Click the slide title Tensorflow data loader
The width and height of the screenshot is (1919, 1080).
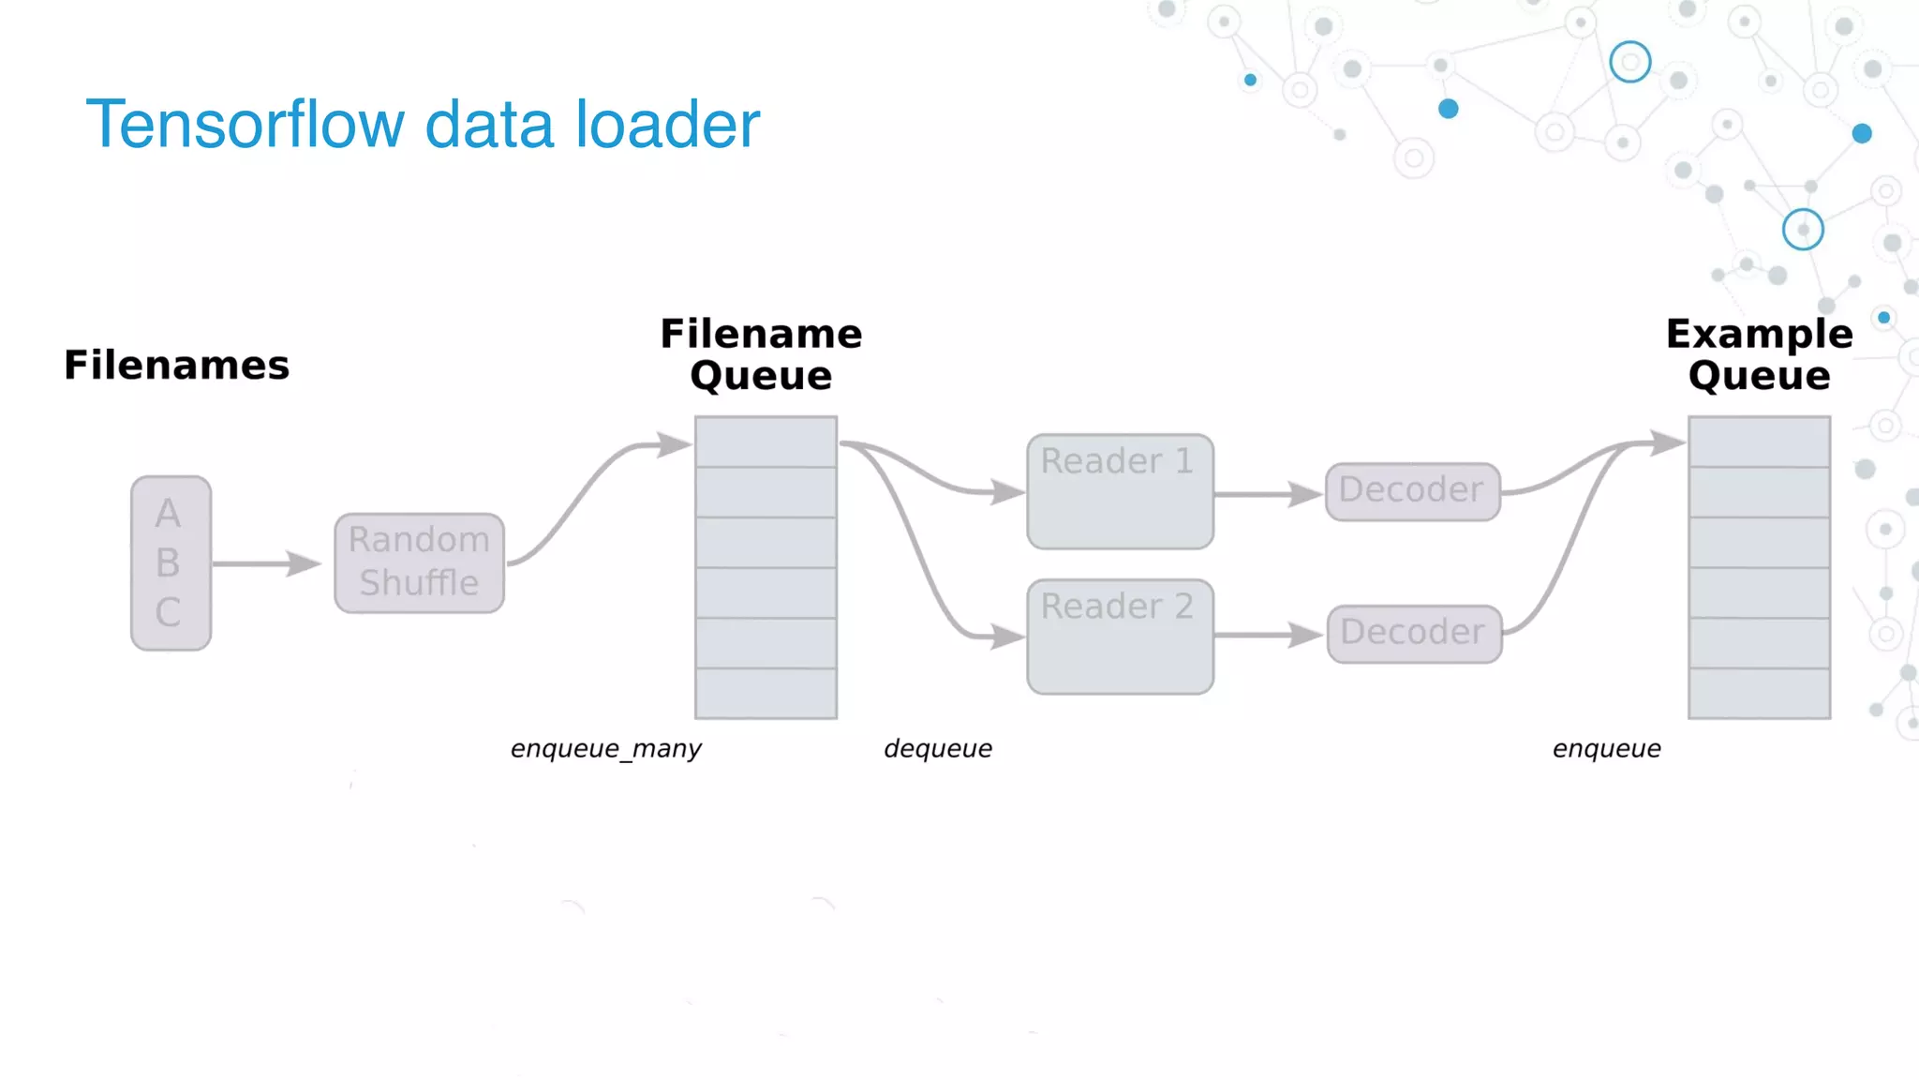click(422, 125)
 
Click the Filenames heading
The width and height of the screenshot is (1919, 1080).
click(176, 365)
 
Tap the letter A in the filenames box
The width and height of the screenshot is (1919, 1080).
click(168, 513)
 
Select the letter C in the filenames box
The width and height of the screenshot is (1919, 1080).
click(168, 612)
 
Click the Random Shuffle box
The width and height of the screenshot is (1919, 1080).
click(419, 562)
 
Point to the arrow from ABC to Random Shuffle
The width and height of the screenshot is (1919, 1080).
click(267, 563)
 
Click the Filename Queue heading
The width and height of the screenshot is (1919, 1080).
click(761, 354)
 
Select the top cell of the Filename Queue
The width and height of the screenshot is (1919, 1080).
click(766, 442)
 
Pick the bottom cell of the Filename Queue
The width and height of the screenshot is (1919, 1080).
click(766, 694)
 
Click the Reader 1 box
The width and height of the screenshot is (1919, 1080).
click(1120, 492)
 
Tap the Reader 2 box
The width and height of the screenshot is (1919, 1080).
click(1120, 637)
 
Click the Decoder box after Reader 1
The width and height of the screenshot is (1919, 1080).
click(1412, 491)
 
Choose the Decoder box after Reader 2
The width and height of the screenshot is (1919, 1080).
click(1414, 634)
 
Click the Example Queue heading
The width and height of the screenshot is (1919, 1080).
click(1759, 354)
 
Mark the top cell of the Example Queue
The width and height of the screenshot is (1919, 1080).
click(1759, 442)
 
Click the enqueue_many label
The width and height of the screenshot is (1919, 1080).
click(605, 749)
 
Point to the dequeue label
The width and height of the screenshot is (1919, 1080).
click(937, 749)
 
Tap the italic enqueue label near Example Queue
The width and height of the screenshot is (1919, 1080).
click(1606, 749)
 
